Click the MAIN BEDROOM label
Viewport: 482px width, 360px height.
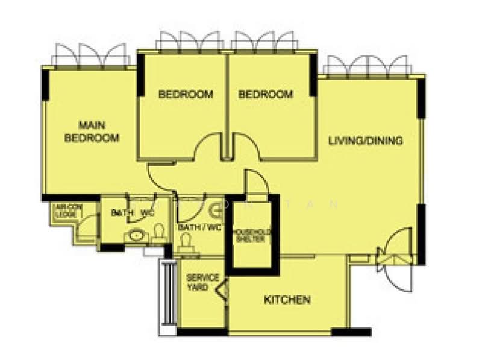92,131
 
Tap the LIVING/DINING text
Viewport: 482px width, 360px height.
365,141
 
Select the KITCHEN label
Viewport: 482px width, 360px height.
287,300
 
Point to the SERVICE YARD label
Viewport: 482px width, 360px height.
198,282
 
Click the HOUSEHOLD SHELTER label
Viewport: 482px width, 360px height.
252,236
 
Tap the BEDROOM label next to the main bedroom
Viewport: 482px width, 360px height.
186,95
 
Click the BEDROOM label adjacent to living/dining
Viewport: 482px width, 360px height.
265,95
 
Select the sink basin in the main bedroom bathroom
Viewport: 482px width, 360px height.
134,236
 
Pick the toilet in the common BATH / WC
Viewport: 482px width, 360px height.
186,241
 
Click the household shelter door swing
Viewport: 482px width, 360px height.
254,182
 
